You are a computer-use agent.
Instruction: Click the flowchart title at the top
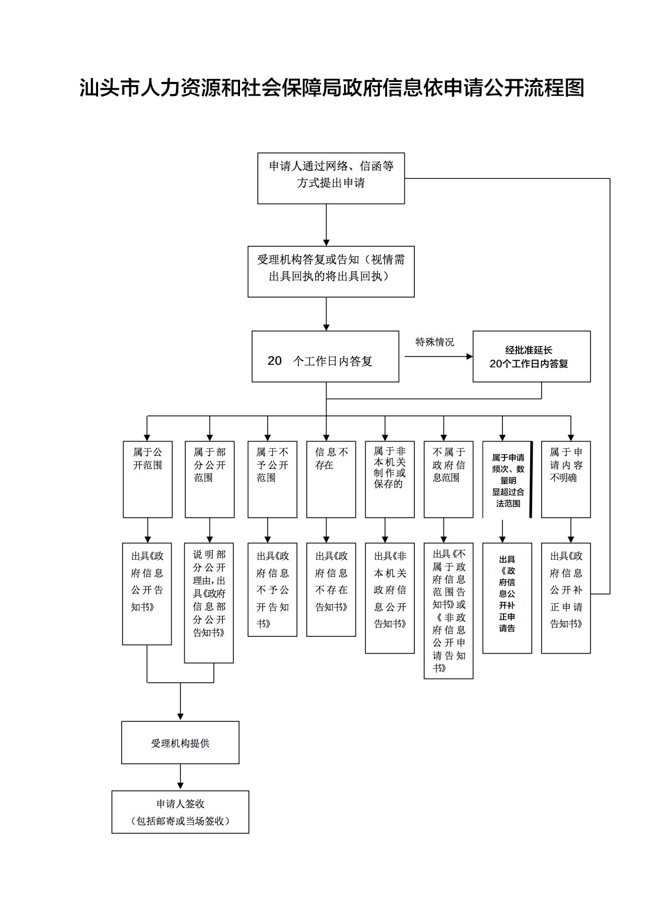click(332, 88)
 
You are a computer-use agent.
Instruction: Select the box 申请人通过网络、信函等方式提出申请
click(331, 178)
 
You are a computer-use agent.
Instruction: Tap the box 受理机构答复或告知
click(331, 271)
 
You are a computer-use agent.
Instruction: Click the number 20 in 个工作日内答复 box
click(274, 361)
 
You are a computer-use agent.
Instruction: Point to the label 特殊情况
click(435, 342)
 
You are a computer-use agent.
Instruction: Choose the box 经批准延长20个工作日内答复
click(531, 357)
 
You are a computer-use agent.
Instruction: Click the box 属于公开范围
click(148, 479)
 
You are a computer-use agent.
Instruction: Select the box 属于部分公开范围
click(209, 479)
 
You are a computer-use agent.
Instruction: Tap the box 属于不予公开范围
click(272, 479)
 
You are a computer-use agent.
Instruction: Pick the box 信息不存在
click(331, 479)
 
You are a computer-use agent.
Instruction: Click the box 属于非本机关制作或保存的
click(389, 479)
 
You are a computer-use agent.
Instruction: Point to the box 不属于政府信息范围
click(448, 479)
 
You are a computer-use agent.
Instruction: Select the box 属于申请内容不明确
click(566, 479)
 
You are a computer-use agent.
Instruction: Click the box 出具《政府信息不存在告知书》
click(331, 589)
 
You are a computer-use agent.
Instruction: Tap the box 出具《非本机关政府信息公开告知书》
click(389, 598)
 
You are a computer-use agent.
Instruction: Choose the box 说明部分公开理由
click(209, 602)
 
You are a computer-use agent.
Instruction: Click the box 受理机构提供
click(180, 742)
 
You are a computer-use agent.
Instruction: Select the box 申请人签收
click(180, 812)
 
